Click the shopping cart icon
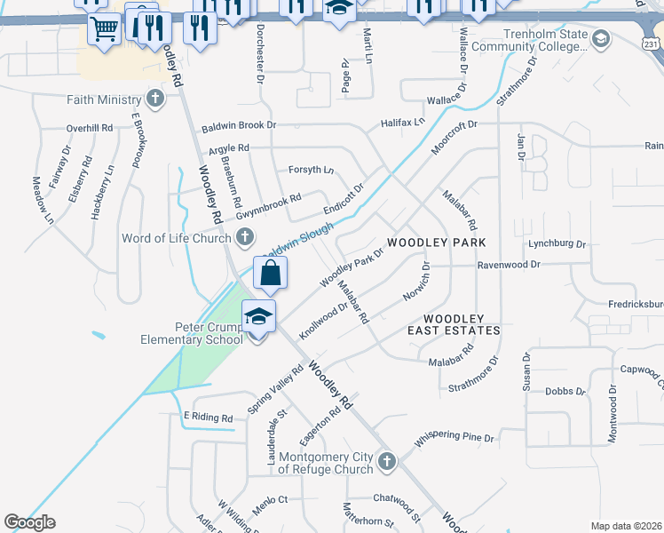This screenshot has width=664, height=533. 104,28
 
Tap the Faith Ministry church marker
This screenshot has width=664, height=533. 155,99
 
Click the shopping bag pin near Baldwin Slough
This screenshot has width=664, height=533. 270,274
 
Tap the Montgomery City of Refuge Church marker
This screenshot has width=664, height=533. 386,461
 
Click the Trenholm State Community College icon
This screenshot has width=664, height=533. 601,38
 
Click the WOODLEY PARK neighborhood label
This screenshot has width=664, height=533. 438,243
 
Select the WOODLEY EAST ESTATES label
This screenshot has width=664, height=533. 453,324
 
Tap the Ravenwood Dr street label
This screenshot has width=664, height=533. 509,265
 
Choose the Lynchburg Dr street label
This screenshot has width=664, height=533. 557,243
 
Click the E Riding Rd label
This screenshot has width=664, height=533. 208,418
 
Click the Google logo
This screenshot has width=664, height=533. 29,522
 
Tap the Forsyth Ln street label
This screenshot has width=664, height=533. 311,170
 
